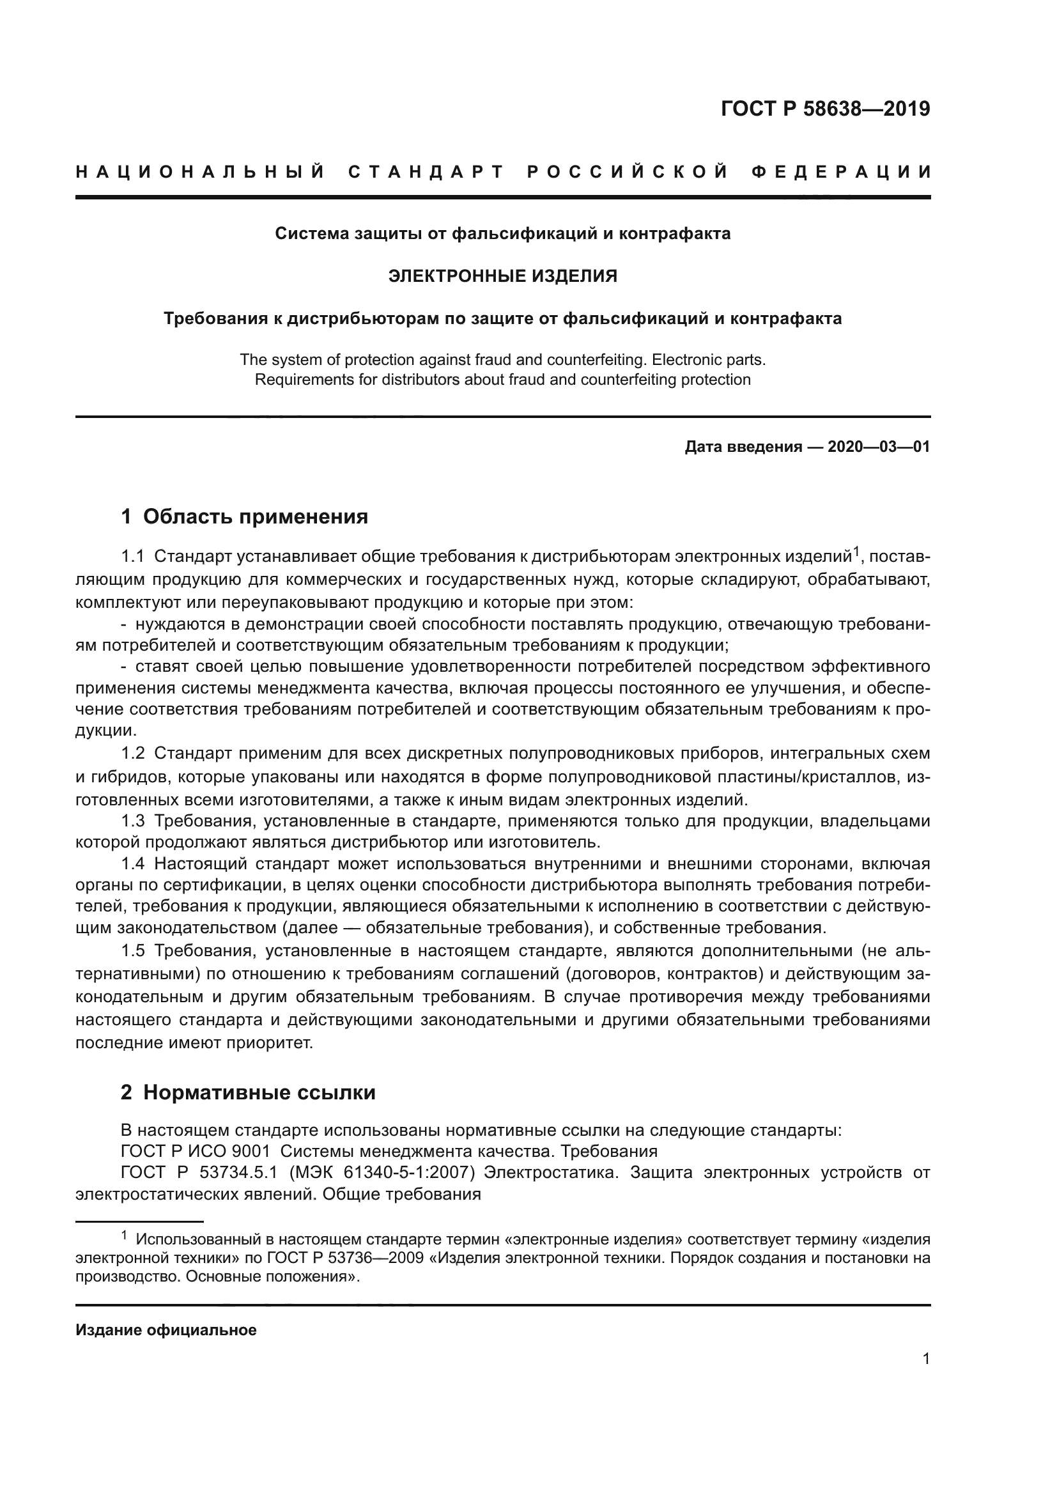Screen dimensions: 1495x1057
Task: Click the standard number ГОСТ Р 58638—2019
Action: click(x=824, y=109)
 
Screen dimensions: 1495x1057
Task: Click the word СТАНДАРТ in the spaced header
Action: click(x=426, y=172)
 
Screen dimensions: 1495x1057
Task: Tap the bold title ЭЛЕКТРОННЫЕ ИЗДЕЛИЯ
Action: click(x=502, y=276)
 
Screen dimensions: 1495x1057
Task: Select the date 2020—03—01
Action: click(x=878, y=447)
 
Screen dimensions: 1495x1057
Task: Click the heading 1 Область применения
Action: click(x=245, y=516)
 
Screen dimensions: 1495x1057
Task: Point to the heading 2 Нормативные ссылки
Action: click(x=248, y=1092)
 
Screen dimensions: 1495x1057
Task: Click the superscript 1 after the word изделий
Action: click(x=857, y=552)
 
